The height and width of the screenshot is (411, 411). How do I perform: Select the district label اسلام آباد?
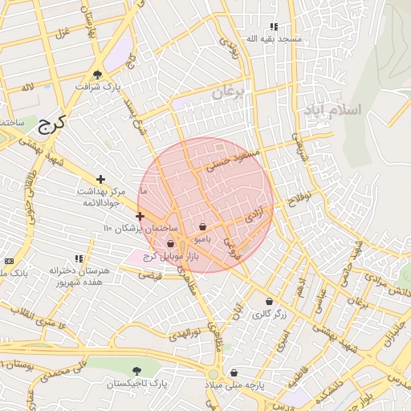pos(330,108)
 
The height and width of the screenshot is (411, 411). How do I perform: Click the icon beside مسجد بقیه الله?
pos(274,26)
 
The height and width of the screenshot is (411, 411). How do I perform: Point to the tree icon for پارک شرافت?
pos(98,74)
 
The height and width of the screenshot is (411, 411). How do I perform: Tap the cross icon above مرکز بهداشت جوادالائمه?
pos(100,179)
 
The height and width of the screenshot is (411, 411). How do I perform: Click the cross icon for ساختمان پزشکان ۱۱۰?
pos(140,216)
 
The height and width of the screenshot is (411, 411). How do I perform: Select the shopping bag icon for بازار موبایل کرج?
pos(170,244)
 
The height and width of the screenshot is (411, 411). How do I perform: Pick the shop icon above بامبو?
pos(202,227)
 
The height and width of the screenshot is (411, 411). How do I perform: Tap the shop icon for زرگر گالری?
pos(269,302)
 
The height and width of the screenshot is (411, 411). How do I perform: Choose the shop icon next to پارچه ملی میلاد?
pos(234,372)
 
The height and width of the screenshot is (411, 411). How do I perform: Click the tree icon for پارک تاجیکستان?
pos(137,371)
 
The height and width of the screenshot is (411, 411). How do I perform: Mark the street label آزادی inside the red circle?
pos(253,214)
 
